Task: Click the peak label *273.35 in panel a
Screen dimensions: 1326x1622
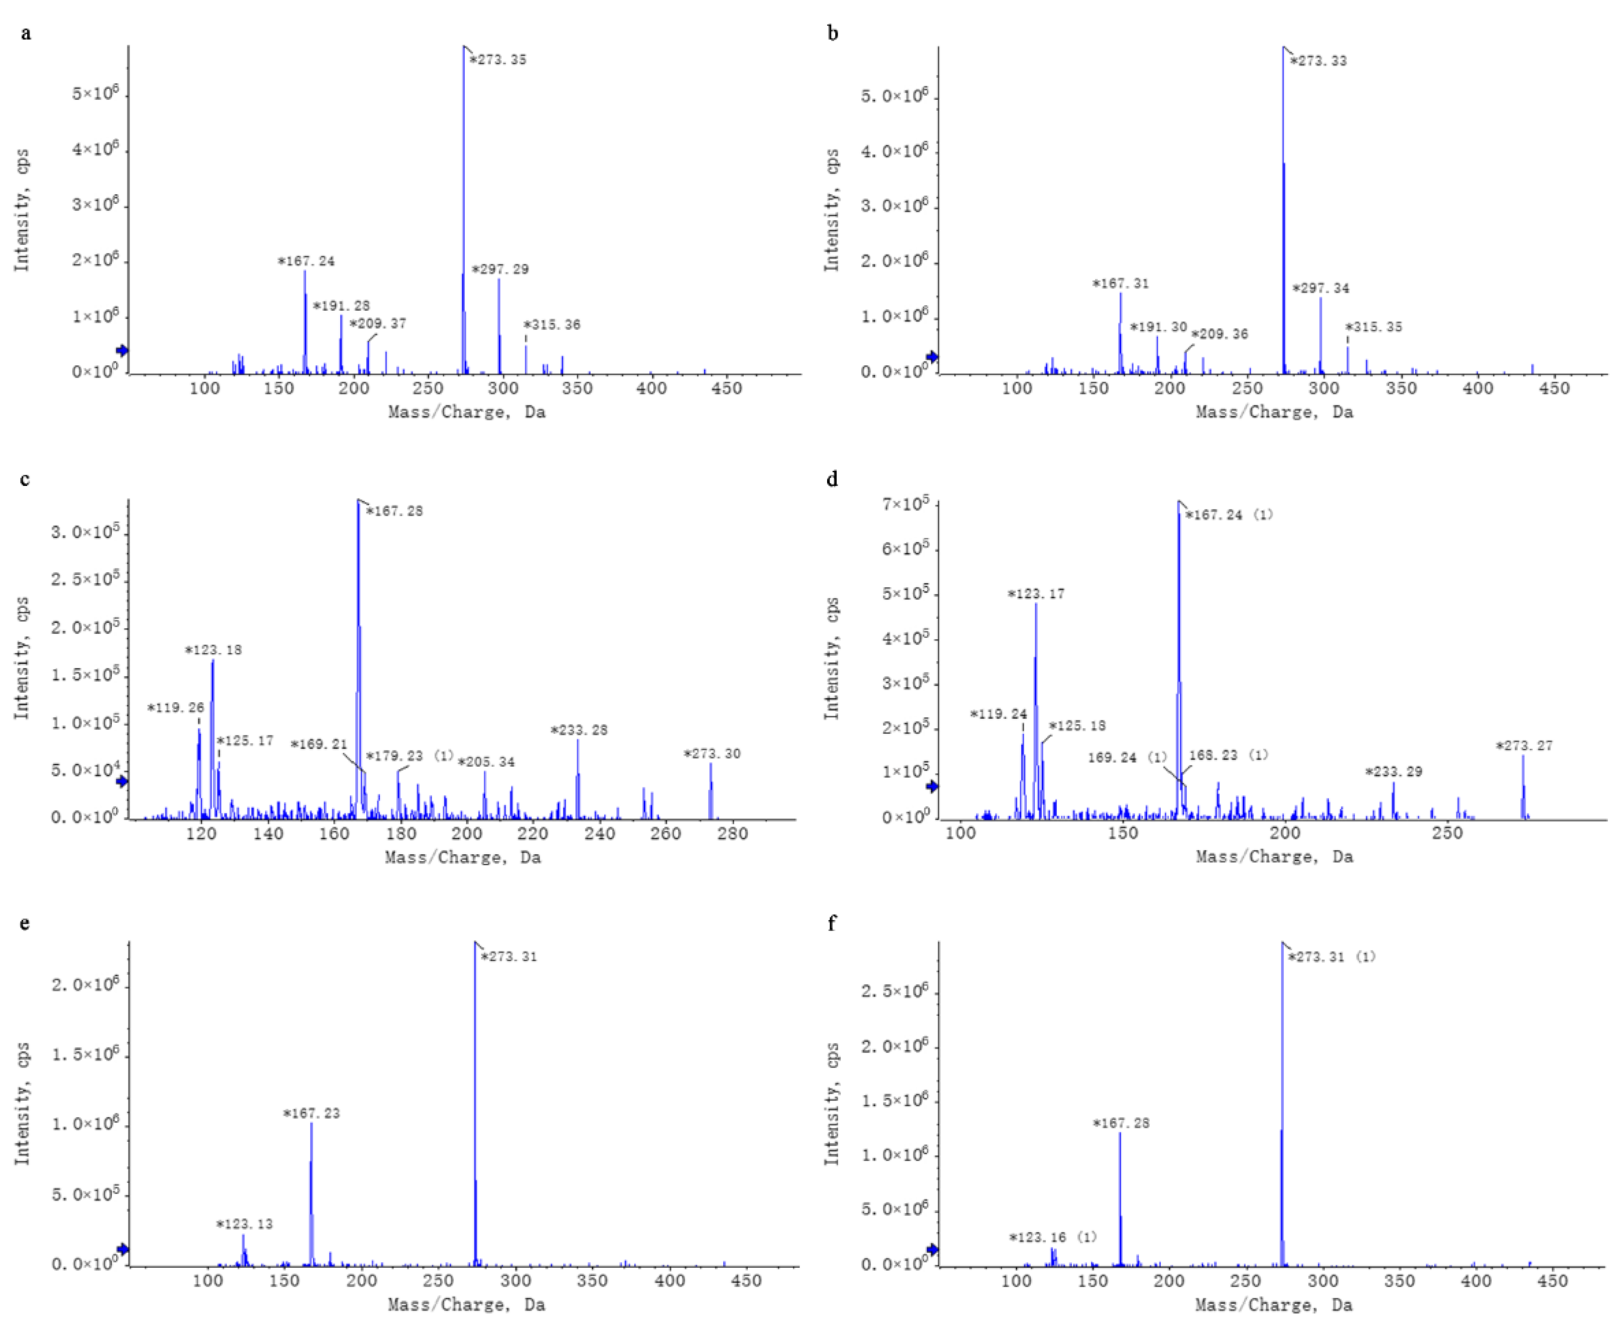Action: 498,60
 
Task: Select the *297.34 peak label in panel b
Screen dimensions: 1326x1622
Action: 1320,288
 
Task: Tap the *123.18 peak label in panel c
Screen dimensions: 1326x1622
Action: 213,650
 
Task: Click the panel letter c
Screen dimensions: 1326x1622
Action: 25,480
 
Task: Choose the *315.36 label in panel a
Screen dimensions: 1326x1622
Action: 552,325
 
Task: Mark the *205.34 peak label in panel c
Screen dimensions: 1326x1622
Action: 486,761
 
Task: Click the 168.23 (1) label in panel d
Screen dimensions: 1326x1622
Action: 1228,755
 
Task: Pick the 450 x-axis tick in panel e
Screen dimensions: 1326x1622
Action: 746,1281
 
